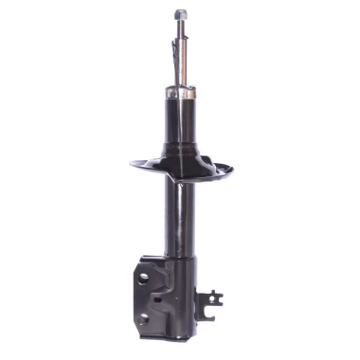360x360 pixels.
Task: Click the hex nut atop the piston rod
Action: click(180, 14)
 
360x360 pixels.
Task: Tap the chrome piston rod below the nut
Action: click(180, 57)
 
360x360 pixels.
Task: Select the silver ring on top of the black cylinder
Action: click(180, 94)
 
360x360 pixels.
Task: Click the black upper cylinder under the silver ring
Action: click(180, 123)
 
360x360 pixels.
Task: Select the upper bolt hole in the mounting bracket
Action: click(143, 278)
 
